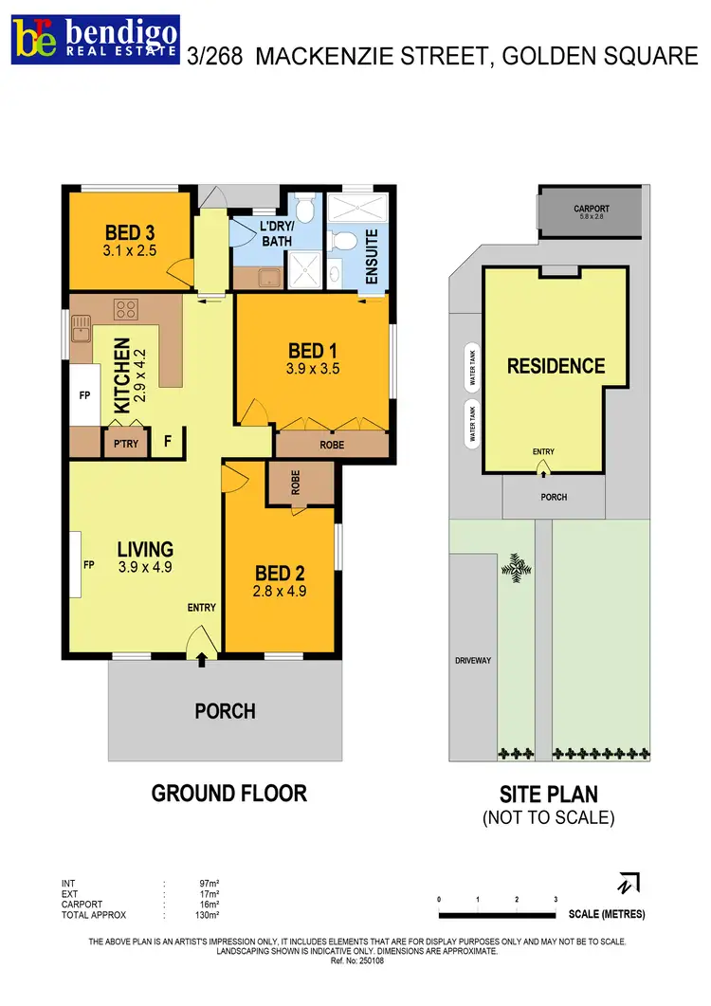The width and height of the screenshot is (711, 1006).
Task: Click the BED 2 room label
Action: pyautogui.click(x=281, y=574)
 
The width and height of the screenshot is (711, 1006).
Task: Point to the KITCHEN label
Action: pyautogui.click(x=121, y=375)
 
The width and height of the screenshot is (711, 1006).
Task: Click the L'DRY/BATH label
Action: pyautogui.click(x=277, y=233)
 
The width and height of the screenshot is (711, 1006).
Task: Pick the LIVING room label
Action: pyautogui.click(x=145, y=549)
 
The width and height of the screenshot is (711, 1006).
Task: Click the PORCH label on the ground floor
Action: pyautogui.click(x=225, y=710)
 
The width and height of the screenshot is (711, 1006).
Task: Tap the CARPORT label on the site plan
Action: pyautogui.click(x=591, y=209)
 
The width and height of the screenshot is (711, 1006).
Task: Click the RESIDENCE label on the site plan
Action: pyautogui.click(x=555, y=366)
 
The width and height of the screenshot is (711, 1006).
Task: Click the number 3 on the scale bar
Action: pyautogui.click(x=555, y=898)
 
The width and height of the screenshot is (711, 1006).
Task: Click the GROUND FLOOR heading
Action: pyautogui.click(x=229, y=793)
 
